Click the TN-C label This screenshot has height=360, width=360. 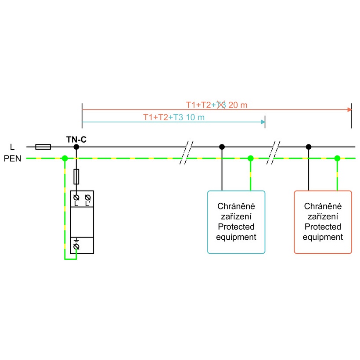pyautogui.click(x=76, y=140)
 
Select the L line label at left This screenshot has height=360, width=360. pyautogui.click(x=12, y=147)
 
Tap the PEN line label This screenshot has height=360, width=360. pyautogui.click(x=12, y=158)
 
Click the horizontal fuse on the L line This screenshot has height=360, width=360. pyautogui.click(x=43, y=147)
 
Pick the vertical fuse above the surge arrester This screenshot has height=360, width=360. pyautogui.click(x=76, y=176)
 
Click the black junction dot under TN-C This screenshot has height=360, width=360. pyautogui.click(x=76, y=147)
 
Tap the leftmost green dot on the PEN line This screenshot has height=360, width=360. pyautogui.click(x=65, y=158)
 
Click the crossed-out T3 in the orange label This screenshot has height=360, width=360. pyautogui.click(x=221, y=105)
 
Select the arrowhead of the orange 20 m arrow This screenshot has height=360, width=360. pyautogui.click(x=349, y=109)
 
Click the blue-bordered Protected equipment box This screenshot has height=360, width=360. pyautogui.click(x=236, y=222)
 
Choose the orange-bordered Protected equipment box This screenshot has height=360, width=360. pyautogui.click(x=323, y=222)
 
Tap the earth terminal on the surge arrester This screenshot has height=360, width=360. pyautogui.click(x=76, y=247)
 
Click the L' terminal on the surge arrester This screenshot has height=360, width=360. pyautogui.click(x=87, y=197)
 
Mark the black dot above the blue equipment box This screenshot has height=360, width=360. pyautogui.click(x=222, y=147)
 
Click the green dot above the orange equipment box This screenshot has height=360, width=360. pyautogui.click(x=337, y=158)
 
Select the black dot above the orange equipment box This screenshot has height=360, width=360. pyautogui.click(x=309, y=147)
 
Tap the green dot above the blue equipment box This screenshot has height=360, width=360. pyautogui.click(x=251, y=158)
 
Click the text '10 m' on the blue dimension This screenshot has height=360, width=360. pyautogui.click(x=195, y=117)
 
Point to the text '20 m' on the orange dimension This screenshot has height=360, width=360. pyautogui.click(x=238, y=105)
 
